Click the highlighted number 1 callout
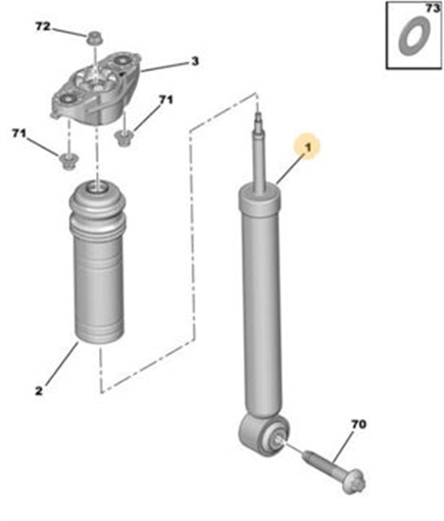308,147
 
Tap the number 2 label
39,391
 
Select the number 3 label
195,61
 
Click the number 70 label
359,424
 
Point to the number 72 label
43,26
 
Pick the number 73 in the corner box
433,8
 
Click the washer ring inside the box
415,36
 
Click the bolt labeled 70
334,471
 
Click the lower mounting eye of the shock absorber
264,434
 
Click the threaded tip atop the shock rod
258,122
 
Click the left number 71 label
19,134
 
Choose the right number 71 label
166,99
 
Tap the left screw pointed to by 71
68,160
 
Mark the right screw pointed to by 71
124,136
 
